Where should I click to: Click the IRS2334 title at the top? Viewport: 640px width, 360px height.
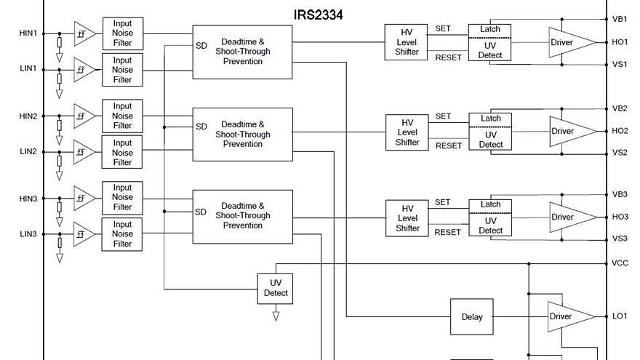[318, 14]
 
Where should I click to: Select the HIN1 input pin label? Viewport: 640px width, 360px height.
[28, 33]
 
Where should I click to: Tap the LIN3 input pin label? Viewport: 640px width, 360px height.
[28, 234]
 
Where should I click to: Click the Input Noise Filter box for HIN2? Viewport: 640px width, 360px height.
[122, 116]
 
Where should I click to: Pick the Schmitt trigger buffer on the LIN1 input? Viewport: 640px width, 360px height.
[84, 70]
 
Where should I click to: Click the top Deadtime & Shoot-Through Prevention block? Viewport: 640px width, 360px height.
[242, 52]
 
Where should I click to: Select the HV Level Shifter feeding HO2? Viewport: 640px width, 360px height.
[407, 132]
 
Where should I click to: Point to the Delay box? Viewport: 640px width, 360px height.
[472, 317]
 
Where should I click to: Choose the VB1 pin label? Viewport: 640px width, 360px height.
[620, 19]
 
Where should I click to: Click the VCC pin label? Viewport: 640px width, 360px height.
[620, 263]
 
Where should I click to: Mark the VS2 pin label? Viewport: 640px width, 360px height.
[620, 153]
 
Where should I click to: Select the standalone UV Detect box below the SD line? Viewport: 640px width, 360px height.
[275, 288]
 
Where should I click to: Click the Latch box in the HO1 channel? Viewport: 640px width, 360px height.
[490, 29]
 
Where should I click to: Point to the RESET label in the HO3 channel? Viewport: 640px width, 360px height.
[448, 232]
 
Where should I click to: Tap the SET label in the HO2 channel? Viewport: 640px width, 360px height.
[443, 116]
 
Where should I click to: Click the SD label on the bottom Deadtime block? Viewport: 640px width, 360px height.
[201, 212]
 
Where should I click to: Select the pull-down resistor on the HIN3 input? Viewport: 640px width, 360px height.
[60, 207]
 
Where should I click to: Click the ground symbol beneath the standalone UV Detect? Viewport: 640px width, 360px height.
[276, 316]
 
